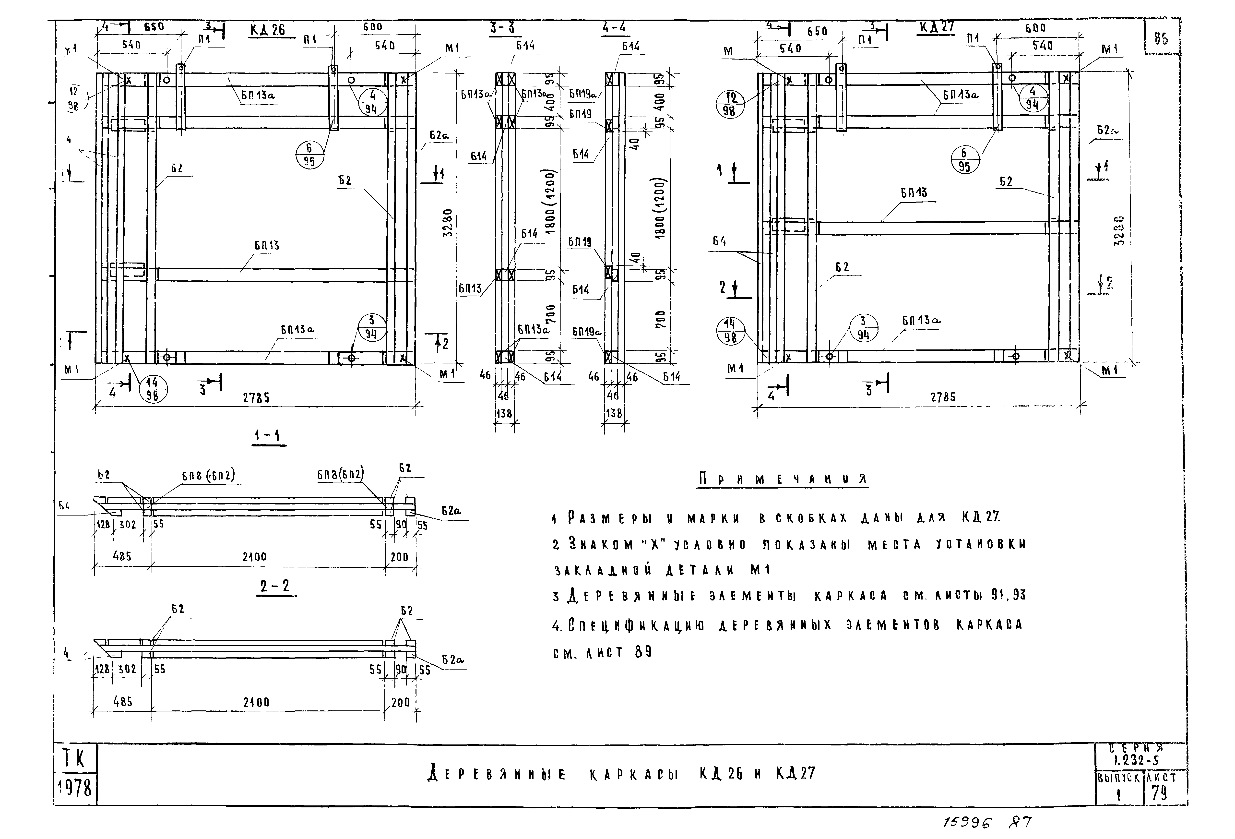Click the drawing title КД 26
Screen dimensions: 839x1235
point(267,30)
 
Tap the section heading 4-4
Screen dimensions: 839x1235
point(614,28)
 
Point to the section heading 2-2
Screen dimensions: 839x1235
point(275,586)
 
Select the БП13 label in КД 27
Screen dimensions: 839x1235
point(914,192)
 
